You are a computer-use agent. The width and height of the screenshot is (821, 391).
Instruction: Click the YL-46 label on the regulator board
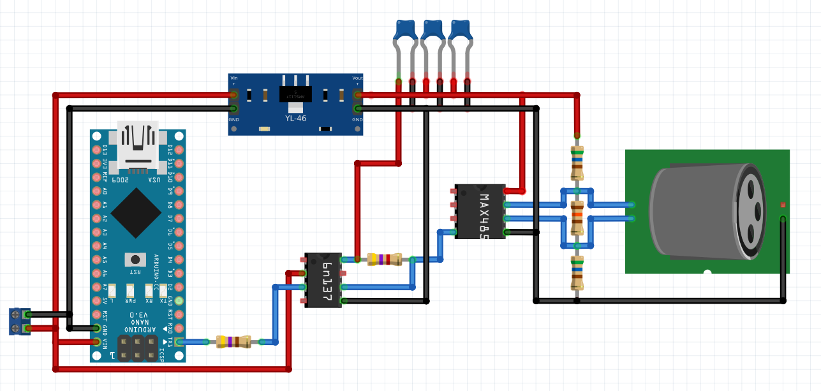(295, 118)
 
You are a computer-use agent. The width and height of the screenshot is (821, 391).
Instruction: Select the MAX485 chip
(480, 212)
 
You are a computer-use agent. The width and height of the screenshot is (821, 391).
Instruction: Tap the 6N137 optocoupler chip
(323, 280)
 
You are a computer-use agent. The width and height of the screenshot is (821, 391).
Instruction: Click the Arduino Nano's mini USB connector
(138, 147)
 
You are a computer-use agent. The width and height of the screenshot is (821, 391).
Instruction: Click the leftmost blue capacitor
(405, 31)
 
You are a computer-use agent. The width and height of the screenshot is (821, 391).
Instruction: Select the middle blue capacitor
(433, 31)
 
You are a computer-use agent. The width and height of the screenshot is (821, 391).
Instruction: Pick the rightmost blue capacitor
(460, 31)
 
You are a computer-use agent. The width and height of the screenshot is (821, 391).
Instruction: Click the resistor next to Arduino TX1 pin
(233, 342)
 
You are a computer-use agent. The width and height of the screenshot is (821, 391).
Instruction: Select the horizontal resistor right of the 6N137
(385, 259)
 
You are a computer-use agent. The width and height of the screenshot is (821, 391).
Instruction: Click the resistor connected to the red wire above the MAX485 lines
(577, 163)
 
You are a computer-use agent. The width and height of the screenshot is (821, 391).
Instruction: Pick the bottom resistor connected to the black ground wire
(577, 273)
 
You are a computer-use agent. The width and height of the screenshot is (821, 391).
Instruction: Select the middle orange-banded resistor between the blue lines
(577, 217)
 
